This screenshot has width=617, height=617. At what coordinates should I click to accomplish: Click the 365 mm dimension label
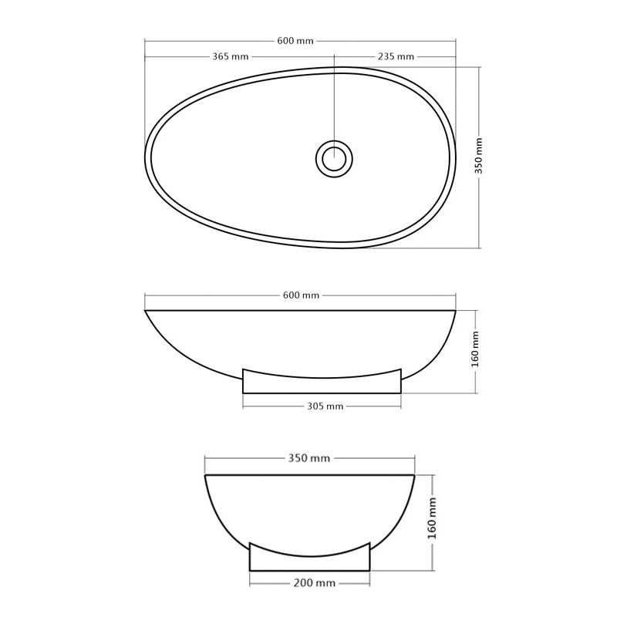[230, 56]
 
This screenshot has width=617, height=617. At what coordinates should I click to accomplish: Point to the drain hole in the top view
[334, 159]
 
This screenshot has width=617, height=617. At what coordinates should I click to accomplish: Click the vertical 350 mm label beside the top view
[479, 157]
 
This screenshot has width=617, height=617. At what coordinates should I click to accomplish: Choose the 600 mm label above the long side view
[301, 295]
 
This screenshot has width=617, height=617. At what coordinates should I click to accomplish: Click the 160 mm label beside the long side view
[476, 349]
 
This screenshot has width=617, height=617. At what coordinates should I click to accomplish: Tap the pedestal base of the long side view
[322, 383]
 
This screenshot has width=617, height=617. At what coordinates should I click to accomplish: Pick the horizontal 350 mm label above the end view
[308, 458]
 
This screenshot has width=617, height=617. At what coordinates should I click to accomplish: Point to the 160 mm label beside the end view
[433, 518]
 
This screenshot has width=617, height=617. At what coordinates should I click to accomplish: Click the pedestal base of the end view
[310, 561]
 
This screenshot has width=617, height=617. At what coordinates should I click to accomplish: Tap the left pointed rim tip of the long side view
[146, 311]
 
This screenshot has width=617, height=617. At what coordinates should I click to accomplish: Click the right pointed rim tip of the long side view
[455, 311]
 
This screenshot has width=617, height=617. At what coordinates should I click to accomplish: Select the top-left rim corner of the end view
[204, 475]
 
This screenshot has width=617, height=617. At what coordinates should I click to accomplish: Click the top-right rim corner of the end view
[416, 475]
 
